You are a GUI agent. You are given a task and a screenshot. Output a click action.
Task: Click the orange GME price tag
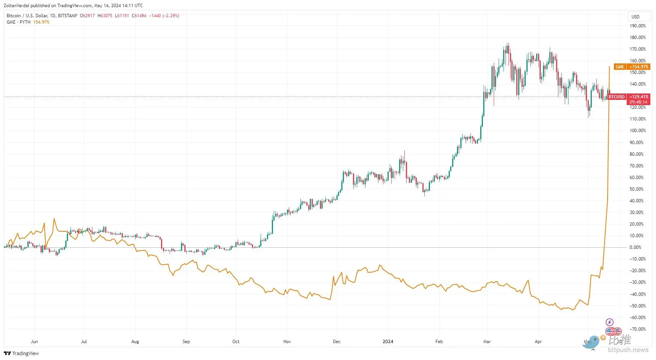pyautogui.click(x=632, y=67)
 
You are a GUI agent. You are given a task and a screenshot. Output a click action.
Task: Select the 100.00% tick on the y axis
pyautogui.click(x=638, y=131)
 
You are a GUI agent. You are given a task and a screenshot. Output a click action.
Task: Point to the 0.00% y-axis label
pyautogui.click(x=635, y=247)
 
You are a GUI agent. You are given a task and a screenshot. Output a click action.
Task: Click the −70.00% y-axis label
pyautogui.click(x=638, y=329)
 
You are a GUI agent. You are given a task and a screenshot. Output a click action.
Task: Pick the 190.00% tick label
pyautogui.click(x=638, y=26)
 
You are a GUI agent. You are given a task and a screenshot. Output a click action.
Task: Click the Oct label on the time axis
pyautogui.click(x=236, y=342)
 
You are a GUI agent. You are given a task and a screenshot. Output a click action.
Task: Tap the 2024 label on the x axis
pyautogui.click(x=388, y=342)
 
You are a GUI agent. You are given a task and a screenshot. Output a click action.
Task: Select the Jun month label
pyautogui.click(x=34, y=342)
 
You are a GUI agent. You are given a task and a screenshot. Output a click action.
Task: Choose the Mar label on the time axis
pyautogui.click(x=487, y=342)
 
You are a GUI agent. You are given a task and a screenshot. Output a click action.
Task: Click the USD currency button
pyautogui.click(x=635, y=17)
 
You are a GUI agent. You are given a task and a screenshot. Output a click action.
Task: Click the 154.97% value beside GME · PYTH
pyautogui.click(x=41, y=22)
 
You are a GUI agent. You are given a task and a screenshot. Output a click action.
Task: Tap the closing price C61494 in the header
pyautogui.click(x=139, y=16)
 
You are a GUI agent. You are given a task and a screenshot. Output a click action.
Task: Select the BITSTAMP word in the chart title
pyautogui.click(x=68, y=16)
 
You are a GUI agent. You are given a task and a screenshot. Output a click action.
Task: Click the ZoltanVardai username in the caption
pyautogui.click(x=16, y=6)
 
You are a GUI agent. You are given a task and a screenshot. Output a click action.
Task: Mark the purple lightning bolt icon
pyautogui.click(x=609, y=322)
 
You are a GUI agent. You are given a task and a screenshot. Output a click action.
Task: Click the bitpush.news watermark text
pyautogui.click(x=628, y=350)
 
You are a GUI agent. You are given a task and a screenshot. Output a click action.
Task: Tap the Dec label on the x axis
pyautogui.click(x=336, y=342)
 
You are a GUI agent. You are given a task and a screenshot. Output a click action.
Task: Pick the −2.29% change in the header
pyautogui.click(x=171, y=16)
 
